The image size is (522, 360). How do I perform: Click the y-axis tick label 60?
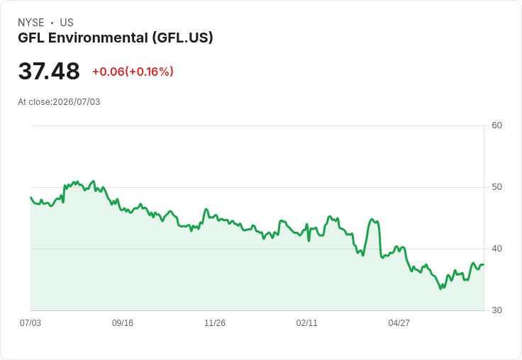coord(496,125)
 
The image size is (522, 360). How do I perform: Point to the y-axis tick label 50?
coord(496,187)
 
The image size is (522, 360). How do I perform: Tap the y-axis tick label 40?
coord(496,249)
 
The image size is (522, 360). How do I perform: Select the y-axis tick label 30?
coord(496,310)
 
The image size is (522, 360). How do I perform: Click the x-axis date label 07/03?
coord(30,322)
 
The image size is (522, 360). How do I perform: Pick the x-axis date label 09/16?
coord(123,322)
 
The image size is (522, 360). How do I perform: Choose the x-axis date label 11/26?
coord(215,322)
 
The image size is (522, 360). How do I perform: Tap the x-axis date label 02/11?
coord(306,322)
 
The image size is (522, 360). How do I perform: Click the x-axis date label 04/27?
coord(399,322)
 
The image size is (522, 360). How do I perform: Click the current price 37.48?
coord(49,71)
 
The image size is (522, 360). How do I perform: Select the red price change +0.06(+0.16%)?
coord(133,72)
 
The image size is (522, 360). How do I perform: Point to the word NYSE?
coord(31,23)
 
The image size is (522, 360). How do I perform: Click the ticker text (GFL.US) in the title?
coord(182,38)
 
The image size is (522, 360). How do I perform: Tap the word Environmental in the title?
coord(98,38)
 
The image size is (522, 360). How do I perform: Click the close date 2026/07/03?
coord(76,102)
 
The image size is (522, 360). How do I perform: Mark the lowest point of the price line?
coord(440,289)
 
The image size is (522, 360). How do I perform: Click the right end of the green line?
coord(484,264)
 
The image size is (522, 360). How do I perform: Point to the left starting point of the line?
coord(30,197)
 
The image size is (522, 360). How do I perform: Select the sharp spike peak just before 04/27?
coord(372,219)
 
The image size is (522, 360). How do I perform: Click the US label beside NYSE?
coord(67,23)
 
